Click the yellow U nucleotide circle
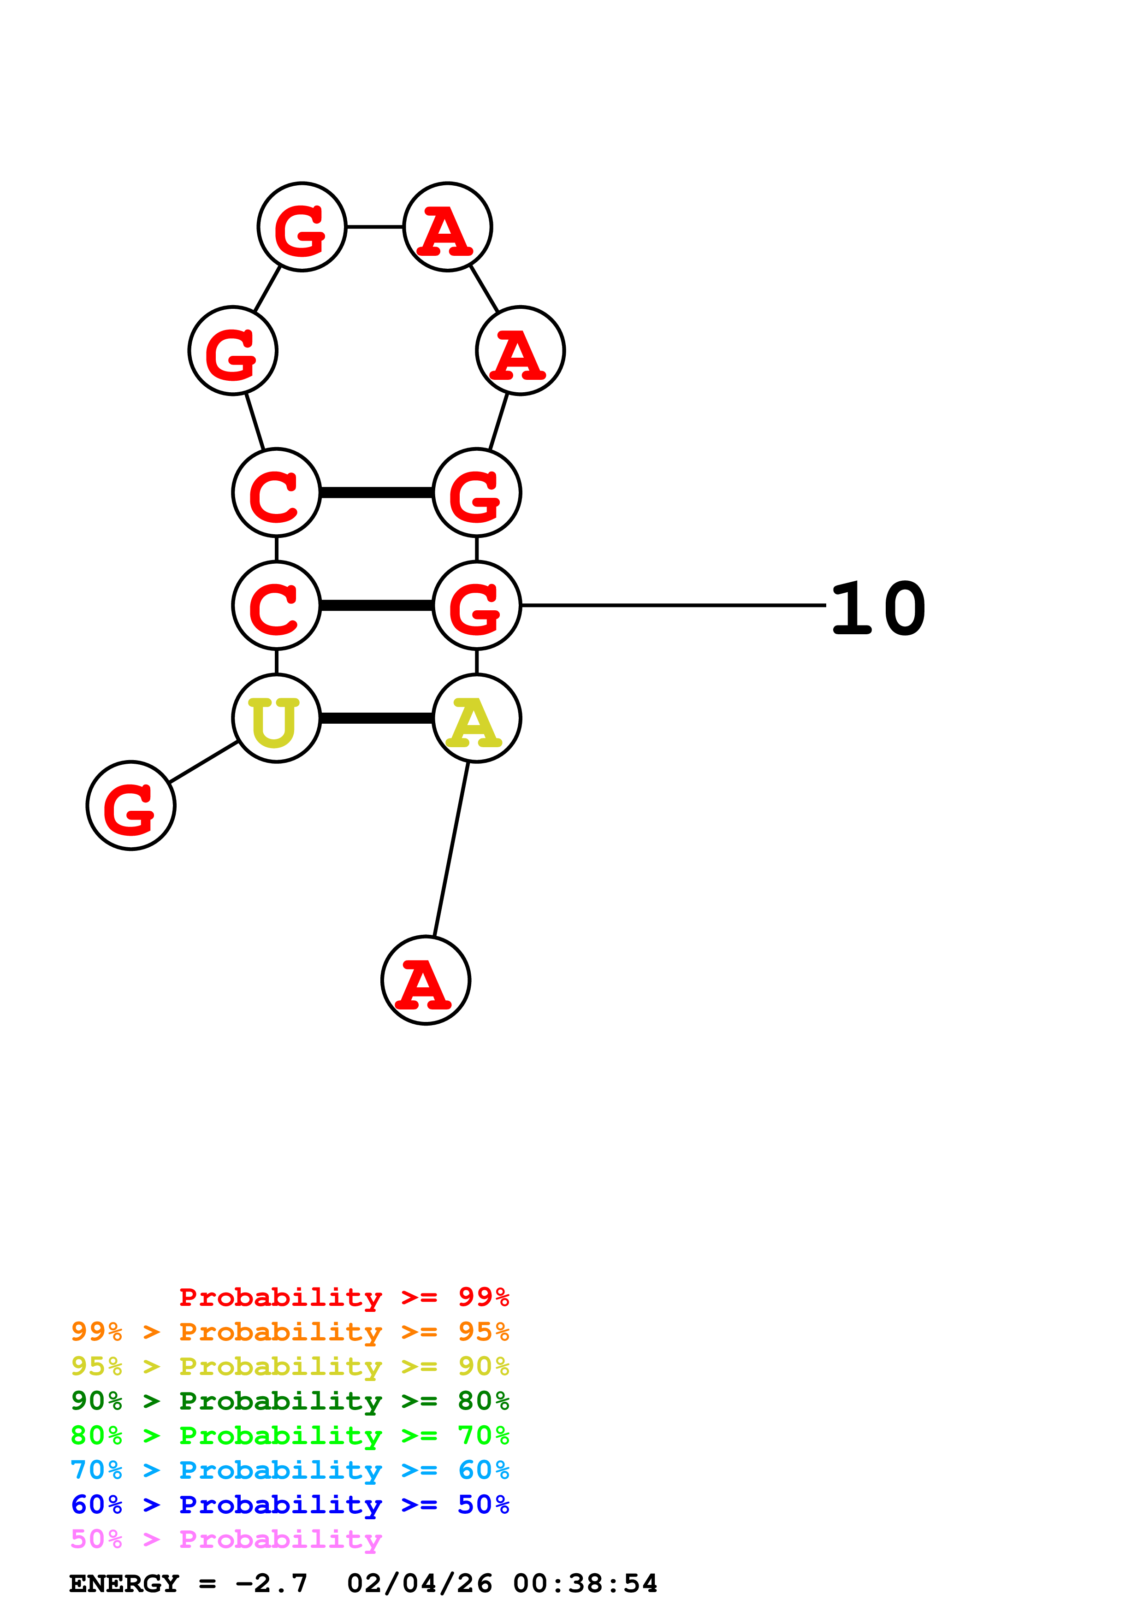pos(276,718)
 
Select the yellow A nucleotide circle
pos(476,718)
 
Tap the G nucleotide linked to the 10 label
pos(476,605)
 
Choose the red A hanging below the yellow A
pos(426,980)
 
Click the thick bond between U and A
pos(376,718)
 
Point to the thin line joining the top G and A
pos(375,227)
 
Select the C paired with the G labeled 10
pos(276,605)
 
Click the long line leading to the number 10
pos(673,605)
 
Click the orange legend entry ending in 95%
pos(290,1332)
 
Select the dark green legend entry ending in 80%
pos(290,1401)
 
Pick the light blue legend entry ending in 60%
pos(290,1470)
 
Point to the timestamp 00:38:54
pos(585,1583)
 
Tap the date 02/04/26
pos(420,1583)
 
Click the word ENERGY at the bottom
pos(124,1583)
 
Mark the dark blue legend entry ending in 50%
pos(290,1505)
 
